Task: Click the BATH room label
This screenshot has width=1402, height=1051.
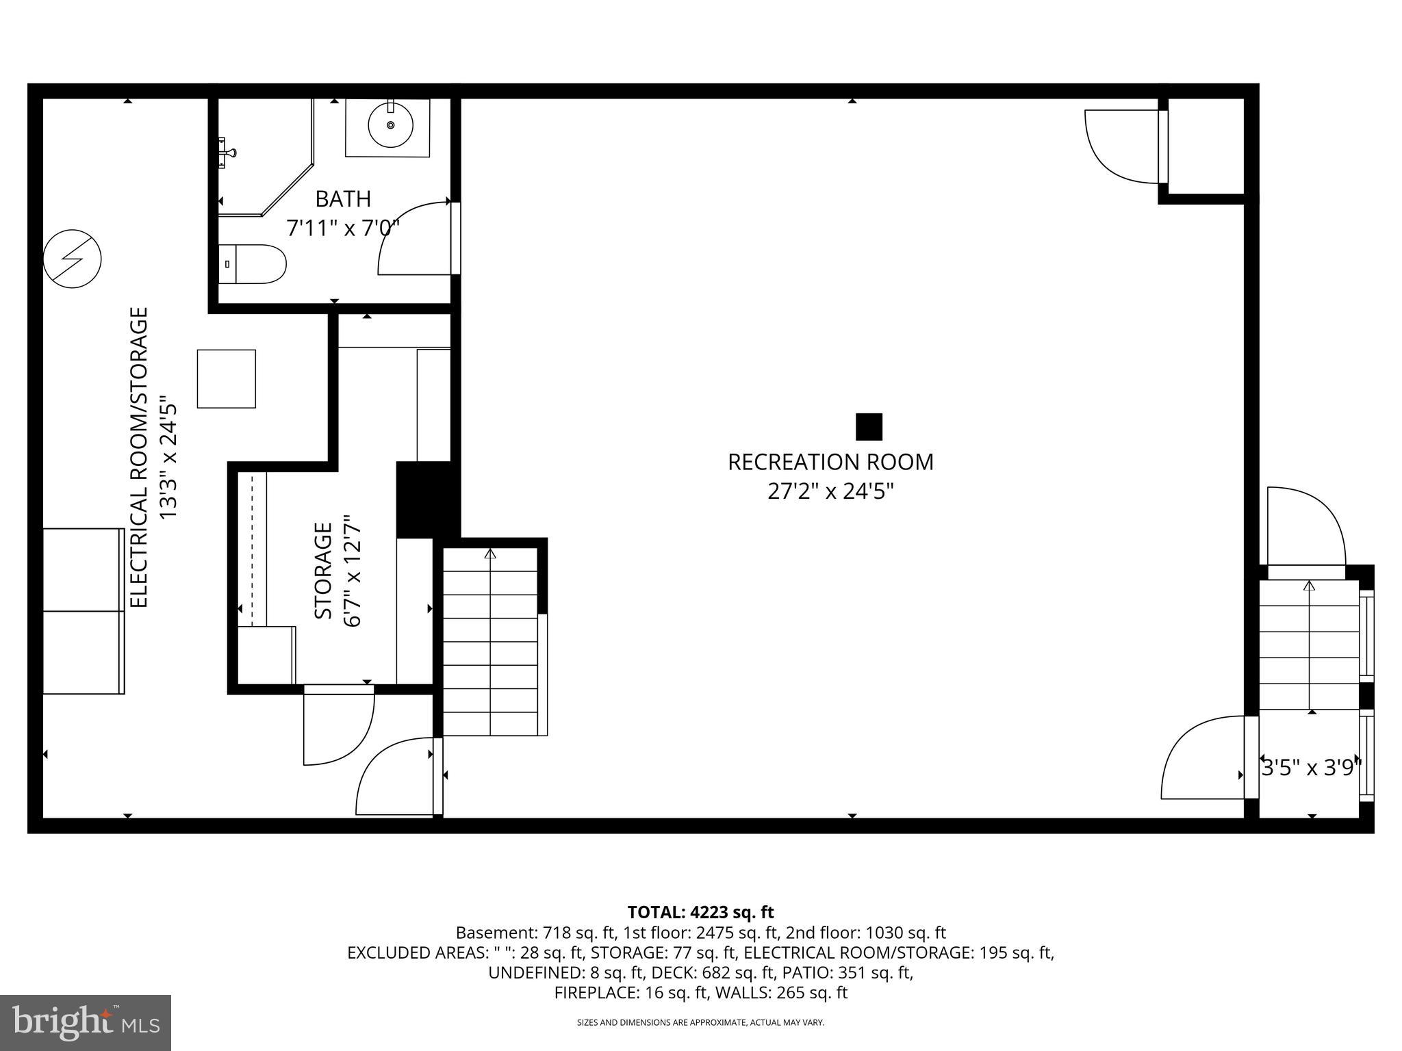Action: coord(343,199)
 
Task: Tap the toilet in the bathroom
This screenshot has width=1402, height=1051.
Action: coord(255,264)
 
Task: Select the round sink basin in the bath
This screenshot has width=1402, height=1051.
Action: coord(390,125)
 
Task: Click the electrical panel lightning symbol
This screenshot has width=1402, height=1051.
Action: coord(73,259)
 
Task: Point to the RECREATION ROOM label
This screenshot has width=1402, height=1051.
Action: coord(830,463)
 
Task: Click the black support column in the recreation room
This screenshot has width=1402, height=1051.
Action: coord(869,427)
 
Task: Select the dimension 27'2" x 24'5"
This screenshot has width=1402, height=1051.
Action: coord(830,492)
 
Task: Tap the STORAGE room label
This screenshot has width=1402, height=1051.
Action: coord(324,571)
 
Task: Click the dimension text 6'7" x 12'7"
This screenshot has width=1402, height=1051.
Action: coord(353,571)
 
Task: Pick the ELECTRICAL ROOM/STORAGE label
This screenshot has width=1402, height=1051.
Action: coord(139,457)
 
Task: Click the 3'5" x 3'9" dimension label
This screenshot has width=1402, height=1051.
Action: coord(1311,768)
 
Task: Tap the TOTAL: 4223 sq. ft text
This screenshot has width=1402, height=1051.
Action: coord(700,912)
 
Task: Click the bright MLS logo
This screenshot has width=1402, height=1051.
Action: coord(86,1023)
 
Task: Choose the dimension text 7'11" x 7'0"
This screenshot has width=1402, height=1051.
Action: coord(343,228)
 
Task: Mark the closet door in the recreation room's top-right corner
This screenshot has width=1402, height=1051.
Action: coord(1123,147)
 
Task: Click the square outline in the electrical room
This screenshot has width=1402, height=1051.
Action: coord(227,379)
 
